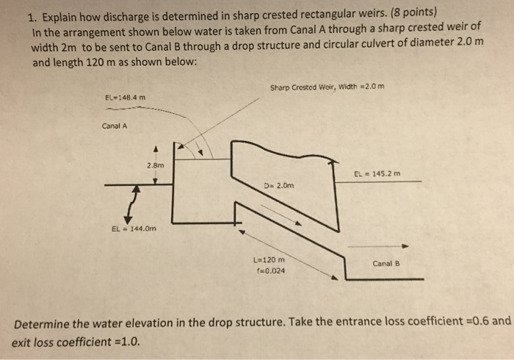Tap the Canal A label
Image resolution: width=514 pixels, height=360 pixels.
coord(115,126)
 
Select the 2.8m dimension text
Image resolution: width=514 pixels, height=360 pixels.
coord(155,166)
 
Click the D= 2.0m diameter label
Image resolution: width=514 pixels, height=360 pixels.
coord(278,185)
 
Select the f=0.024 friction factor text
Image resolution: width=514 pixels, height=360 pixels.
coord(269,270)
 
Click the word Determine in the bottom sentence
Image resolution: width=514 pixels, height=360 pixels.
coord(42,321)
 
